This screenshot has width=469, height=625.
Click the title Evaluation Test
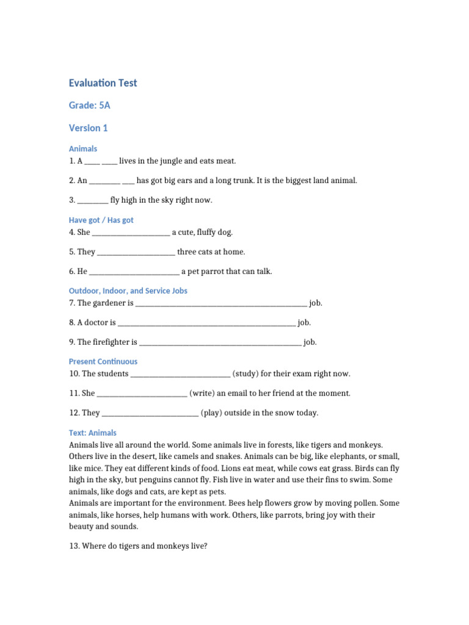[103, 83]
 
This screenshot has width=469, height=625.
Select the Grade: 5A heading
[89, 106]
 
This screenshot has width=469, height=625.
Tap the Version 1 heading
[88, 128]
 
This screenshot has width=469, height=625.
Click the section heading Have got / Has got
[101, 220]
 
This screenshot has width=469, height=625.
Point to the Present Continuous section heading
[103, 361]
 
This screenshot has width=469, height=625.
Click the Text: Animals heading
[92, 433]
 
